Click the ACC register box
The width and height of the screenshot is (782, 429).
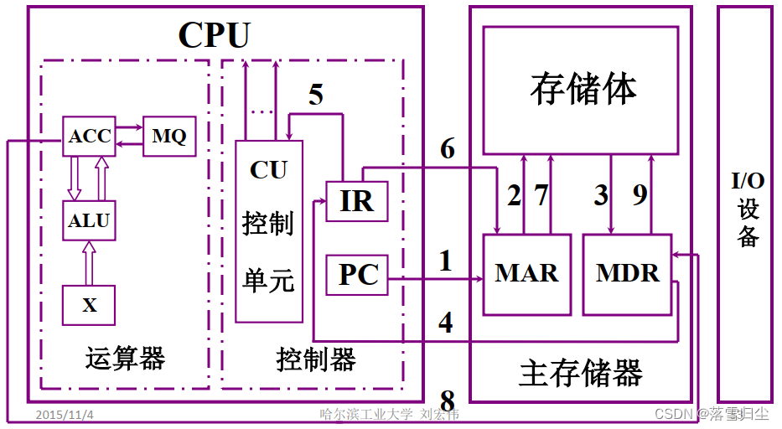click(89, 136)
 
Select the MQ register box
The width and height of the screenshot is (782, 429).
click(169, 136)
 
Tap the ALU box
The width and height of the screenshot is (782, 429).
click(89, 221)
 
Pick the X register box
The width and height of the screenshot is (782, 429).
click(89, 306)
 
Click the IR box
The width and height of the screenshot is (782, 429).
click(356, 202)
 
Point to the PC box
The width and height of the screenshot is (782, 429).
click(358, 275)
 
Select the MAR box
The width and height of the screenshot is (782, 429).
click(526, 274)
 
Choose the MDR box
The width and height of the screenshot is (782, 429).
click(628, 274)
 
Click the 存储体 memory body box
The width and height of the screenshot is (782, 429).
click(581, 90)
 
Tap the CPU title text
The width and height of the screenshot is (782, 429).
click(214, 34)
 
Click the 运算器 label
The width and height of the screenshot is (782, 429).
click(125, 359)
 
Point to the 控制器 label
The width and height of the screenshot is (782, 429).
click(316, 359)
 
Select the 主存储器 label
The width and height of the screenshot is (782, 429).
click(581, 372)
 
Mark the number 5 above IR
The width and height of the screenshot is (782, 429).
click(315, 95)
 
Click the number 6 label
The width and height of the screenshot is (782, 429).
click(448, 149)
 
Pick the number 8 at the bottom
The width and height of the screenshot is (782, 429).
click(448, 400)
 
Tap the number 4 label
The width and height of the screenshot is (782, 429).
click(446, 322)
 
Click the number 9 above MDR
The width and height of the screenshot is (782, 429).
click(640, 195)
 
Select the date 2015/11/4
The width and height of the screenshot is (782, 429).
click(65, 415)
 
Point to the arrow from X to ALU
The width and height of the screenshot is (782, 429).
click(89, 262)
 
